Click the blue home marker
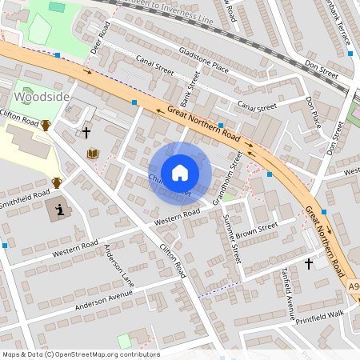tap(180, 172)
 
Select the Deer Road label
tap(99, 38)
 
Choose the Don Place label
tap(313, 111)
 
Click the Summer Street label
tap(232, 239)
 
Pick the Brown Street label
tap(256, 230)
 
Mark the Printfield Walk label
tap(318, 314)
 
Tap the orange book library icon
tap(93, 153)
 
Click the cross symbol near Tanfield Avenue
tap(309, 262)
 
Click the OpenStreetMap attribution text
tap(80, 354)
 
